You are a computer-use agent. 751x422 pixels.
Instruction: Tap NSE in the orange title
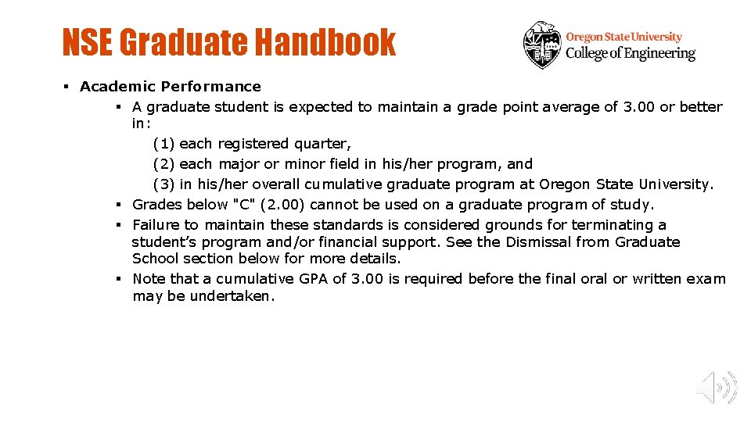[x=88, y=42]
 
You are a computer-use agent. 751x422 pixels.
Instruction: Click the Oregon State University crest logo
[x=542, y=45]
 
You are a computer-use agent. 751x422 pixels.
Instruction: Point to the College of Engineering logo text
[x=630, y=53]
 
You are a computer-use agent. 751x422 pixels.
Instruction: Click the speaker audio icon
[x=717, y=387]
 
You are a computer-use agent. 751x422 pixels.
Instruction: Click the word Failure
[x=156, y=225]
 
